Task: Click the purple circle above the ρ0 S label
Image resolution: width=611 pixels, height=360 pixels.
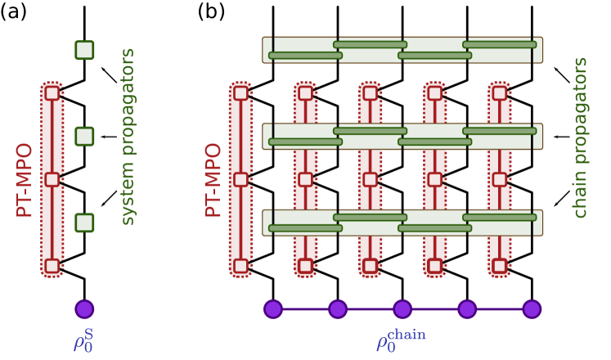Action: (84, 308)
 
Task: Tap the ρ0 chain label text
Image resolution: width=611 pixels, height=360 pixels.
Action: (401, 340)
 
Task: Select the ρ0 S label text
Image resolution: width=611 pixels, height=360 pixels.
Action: (83, 340)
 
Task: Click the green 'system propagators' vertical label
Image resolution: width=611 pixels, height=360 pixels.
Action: (128, 137)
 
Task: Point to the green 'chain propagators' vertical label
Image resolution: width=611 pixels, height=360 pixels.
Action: (580, 137)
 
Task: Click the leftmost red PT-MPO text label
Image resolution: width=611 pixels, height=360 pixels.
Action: (25, 180)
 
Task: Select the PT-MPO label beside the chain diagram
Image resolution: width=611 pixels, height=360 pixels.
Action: (213, 180)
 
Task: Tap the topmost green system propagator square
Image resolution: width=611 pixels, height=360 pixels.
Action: (84, 50)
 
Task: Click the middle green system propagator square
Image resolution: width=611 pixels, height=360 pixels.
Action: (84, 136)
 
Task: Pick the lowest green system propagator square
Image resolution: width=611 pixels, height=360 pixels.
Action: (84, 223)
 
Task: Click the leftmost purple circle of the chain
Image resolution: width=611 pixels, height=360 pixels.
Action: (272, 308)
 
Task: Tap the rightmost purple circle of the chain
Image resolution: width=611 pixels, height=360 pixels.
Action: (532, 308)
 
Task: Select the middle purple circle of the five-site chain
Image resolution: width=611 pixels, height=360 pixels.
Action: (402, 308)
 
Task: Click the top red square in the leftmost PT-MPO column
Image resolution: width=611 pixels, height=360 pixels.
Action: (52, 93)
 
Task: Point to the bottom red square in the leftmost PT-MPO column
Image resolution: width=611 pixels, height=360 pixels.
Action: (52, 266)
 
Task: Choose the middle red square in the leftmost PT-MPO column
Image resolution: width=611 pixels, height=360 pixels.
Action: (52, 179)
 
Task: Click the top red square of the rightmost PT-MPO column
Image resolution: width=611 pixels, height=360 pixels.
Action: (500, 93)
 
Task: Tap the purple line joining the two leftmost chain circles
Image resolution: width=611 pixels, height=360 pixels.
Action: (305, 308)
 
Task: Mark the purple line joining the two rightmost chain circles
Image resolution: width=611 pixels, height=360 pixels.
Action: (499, 308)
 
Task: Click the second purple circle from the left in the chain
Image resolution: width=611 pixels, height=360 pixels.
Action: (338, 308)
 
